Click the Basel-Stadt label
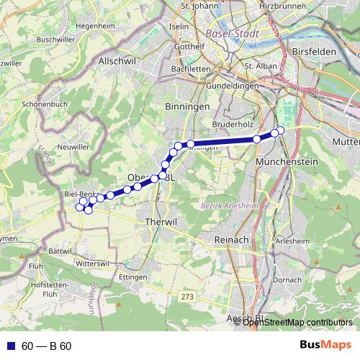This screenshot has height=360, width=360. (234, 33)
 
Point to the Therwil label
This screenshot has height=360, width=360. (160, 222)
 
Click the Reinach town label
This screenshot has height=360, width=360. (232, 238)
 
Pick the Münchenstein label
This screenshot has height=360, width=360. (287, 162)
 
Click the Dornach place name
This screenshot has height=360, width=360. (287, 279)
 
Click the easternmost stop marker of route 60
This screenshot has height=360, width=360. (281, 130)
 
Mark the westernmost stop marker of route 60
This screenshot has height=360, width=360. (80, 207)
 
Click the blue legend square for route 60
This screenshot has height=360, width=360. (10, 346)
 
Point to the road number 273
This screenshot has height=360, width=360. (188, 296)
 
